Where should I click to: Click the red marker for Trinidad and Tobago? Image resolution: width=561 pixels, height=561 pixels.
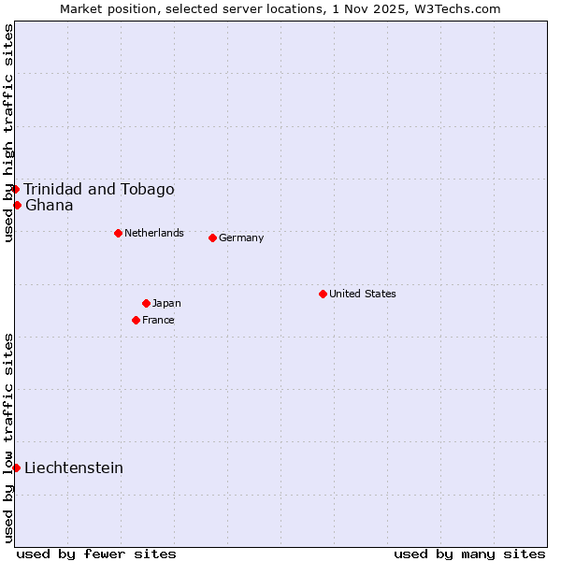(x=15, y=189)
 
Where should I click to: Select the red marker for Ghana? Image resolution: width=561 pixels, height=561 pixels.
(x=17, y=205)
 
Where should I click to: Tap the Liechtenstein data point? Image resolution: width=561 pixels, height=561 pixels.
(x=16, y=467)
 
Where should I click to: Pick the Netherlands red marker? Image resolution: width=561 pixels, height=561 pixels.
(x=118, y=233)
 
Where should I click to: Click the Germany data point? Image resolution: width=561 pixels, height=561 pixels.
(x=212, y=237)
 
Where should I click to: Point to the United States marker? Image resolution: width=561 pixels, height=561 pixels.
(x=323, y=294)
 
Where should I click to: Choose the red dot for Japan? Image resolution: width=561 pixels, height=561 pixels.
(x=146, y=303)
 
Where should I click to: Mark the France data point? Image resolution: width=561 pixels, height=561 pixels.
(x=136, y=320)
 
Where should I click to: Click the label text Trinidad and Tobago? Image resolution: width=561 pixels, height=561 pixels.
(x=99, y=189)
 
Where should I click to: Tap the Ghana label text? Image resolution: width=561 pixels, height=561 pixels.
(x=50, y=205)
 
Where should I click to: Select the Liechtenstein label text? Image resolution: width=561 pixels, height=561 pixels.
(x=74, y=467)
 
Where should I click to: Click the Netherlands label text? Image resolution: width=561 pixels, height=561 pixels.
(x=154, y=233)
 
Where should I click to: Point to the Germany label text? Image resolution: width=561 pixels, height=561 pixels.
(x=241, y=237)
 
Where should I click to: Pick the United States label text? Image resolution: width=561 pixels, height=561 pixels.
(x=363, y=294)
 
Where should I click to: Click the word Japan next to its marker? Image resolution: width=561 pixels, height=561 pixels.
(x=166, y=303)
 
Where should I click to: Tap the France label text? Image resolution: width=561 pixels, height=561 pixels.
(x=158, y=320)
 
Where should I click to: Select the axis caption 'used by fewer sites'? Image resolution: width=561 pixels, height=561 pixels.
(x=96, y=554)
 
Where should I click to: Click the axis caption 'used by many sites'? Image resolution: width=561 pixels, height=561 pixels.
(x=469, y=554)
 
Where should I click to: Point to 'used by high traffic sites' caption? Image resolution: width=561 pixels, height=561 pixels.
(x=8, y=133)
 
